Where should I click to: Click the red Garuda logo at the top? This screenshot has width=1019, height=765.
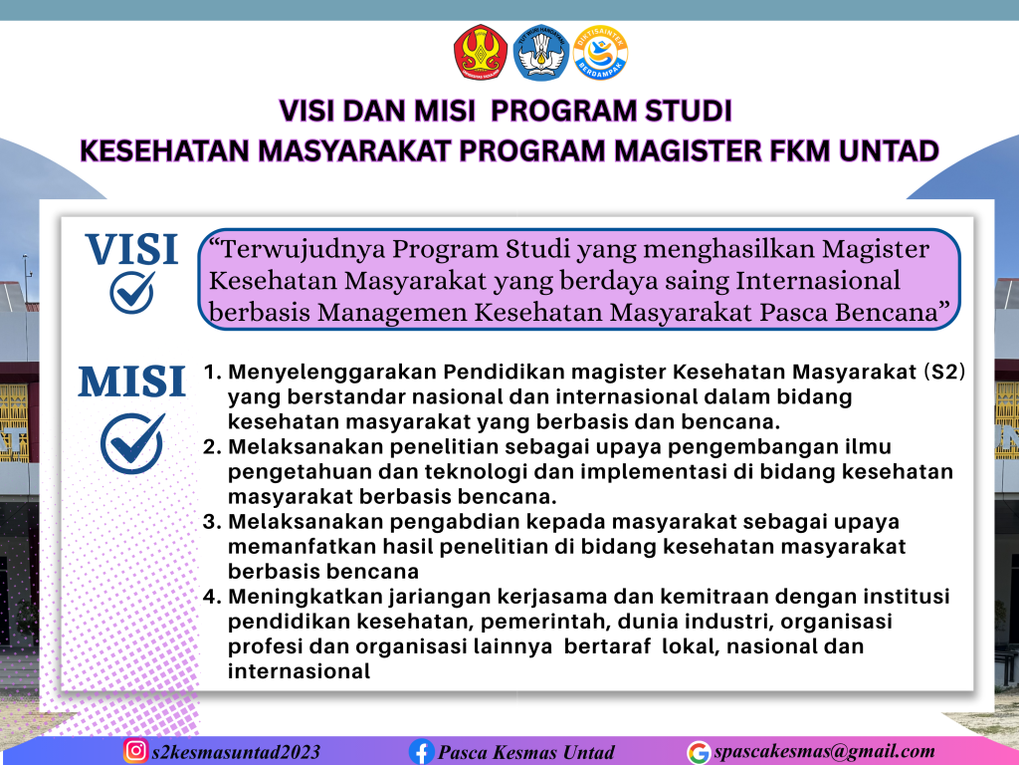481,52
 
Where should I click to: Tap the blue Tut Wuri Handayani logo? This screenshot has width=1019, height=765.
540,53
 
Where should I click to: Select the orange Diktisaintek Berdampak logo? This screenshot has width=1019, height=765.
600,53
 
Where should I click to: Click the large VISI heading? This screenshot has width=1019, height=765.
132,249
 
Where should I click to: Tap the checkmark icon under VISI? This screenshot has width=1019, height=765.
132,292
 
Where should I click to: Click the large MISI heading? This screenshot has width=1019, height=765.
132,382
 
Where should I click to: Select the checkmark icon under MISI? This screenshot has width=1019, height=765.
132,443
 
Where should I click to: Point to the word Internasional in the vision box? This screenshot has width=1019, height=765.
818,280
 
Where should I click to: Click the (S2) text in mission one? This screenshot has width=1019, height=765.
944,372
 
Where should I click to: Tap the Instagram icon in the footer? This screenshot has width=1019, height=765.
135,751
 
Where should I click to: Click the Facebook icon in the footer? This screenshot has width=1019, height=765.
421,752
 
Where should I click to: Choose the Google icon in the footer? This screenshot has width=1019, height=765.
700,753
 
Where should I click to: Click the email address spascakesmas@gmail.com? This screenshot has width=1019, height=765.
824,752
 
